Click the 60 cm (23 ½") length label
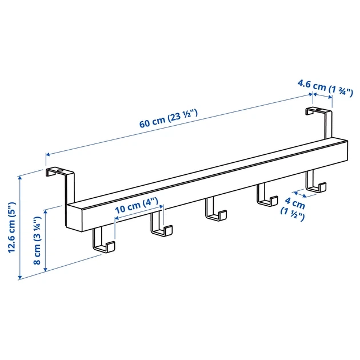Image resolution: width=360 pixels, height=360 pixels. (x=169, y=118)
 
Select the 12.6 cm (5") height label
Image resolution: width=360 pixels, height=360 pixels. (x=12, y=227)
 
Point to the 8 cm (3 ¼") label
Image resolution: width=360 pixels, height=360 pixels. (x=37, y=240)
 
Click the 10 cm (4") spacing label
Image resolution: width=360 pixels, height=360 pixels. (x=137, y=206)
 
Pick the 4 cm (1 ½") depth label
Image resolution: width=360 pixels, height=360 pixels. (x=293, y=210)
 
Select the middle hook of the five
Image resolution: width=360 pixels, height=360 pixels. (x=216, y=209)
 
